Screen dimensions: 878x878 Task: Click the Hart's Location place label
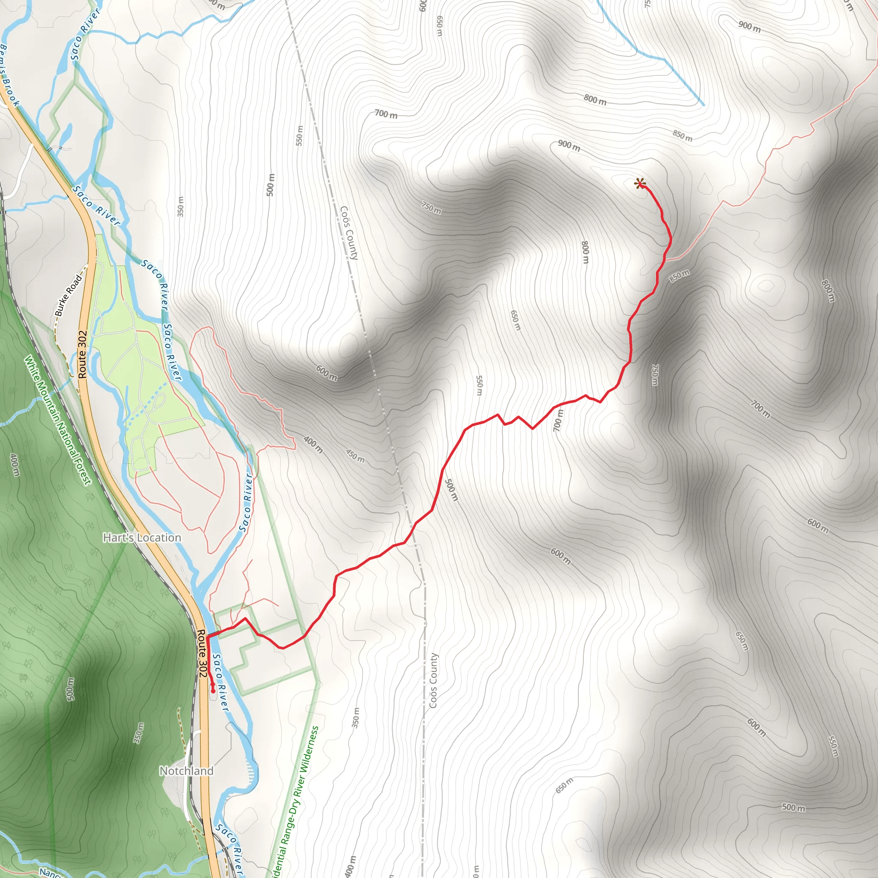(142, 538)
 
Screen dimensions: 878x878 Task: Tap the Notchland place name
(186, 771)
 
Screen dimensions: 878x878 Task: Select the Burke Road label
(69, 295)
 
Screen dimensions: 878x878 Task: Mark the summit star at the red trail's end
(640, 183)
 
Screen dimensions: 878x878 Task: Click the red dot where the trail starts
(213, 692)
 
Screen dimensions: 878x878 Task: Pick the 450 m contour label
(355, 455)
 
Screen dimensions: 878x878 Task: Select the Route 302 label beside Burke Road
(82, 355)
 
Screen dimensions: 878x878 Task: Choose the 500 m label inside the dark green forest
(70, 689)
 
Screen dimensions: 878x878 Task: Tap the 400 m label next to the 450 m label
(313, 445)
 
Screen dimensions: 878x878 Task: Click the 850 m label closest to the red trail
(679, 275)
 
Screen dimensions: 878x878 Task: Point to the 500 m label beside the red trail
(451, 490)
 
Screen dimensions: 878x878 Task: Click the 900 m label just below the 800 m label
(569, 146)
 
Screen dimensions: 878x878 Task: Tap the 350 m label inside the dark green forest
(139, 733)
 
